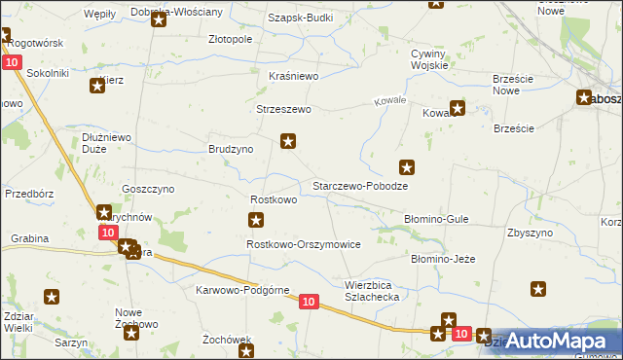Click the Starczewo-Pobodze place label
pyautogui.click(x=358, y=185)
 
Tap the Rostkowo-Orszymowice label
pyautogui.click(x=304, y=244)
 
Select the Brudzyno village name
pyautogui.click(x=231, y=150)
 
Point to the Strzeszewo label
pyautogui.click(x=283, y=109)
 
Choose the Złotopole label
pyautogui.click(x=231, y=40)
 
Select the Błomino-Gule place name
pyautogui.click(x=437, y=220)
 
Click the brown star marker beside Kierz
pyautogui.click(x=97, y=87)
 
